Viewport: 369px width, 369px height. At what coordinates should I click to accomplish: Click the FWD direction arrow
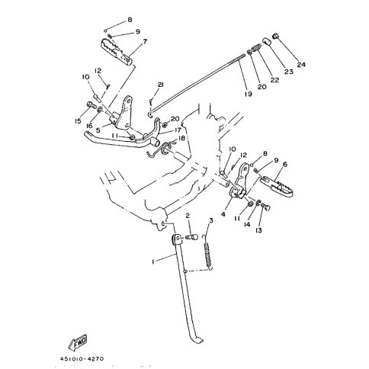pos(78,342)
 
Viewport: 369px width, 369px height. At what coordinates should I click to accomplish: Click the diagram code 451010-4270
pos(82,359)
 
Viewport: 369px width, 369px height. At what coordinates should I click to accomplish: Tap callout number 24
pos(301,65)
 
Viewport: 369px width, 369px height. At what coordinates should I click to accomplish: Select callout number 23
pos(289,72)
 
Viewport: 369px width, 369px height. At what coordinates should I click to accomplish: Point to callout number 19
pos(249,94)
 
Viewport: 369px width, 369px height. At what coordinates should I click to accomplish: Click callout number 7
pos(145,41)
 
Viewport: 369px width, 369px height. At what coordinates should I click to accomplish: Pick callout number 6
pos(285,165)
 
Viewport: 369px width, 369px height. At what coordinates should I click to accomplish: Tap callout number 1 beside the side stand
pos(153,262)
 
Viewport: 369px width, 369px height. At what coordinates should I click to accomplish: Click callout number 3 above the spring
pos(210,220)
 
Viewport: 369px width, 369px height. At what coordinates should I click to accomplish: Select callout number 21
pos(161,85)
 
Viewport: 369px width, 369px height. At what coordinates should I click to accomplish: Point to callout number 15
pos(78,121)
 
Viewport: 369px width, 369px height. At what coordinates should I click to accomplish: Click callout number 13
pos(259,230)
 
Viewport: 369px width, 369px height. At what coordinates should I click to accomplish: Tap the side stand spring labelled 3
pos(208,252)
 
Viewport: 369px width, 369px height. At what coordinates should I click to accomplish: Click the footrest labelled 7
pos(117,53)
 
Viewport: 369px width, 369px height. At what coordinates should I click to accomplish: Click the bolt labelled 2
pos(192,238)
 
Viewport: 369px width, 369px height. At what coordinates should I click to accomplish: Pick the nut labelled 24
pos(275,36)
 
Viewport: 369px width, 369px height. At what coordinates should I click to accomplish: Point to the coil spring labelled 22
pos(257,47)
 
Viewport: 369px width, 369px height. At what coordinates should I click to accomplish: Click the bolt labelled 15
pos(91,104)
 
